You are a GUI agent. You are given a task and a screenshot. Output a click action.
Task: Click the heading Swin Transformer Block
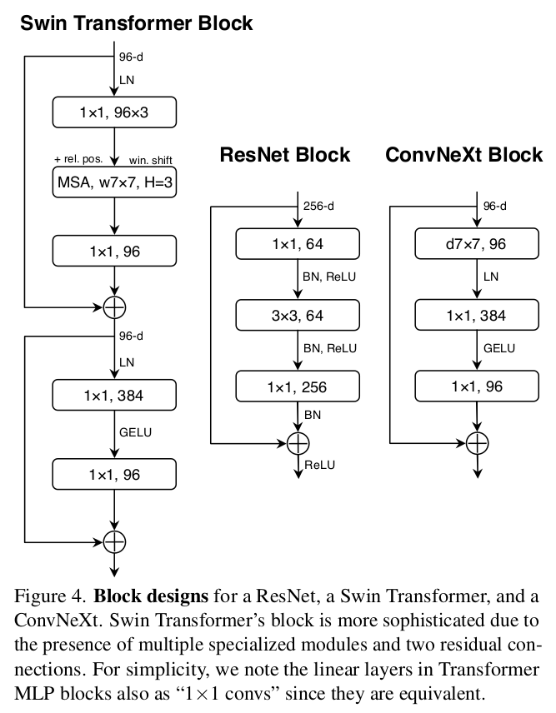tap(136, 22)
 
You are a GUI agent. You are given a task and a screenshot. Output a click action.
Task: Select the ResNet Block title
tap(284, 155)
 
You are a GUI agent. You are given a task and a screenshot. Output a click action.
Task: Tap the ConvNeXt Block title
tap(463, 155)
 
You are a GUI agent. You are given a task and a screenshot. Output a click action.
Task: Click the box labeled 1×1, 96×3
tap(114, 112)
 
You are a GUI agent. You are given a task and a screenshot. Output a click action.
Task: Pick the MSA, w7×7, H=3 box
tap(114, 182)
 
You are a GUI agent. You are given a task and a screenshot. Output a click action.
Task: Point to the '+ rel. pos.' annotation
tap(78, 159)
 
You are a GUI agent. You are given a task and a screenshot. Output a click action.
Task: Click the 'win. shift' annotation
tap(151, 159)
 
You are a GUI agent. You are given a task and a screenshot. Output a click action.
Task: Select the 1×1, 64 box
tap(298, 244)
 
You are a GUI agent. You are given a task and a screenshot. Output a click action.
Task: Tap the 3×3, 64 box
tap(298, 315)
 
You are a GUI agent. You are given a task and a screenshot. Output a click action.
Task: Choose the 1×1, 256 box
tap(298, 386)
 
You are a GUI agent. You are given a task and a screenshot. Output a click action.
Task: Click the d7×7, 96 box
tap(476, 244)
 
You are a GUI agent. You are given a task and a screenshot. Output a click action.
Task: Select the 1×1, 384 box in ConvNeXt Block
tap(476, 315)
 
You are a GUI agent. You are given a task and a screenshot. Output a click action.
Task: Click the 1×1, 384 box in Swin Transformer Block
tap(114, 396)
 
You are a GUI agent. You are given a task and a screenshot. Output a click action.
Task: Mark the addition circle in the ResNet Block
tap(298, 442)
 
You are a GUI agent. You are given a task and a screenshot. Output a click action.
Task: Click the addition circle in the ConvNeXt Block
tap(476, 442)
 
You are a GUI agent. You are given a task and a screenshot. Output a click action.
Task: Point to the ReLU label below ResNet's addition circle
tap(319, 465)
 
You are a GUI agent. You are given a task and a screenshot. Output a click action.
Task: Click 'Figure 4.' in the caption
tap(51, 597)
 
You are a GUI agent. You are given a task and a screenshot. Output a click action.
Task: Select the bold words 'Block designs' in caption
tap(149, 597)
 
